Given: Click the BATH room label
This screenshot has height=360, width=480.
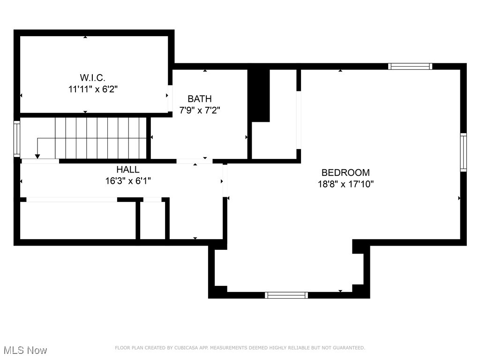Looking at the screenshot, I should pyautogui.click(x=200, y=99).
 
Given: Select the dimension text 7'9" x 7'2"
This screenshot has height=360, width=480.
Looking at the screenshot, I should pyautogui.click(x=200, y=111).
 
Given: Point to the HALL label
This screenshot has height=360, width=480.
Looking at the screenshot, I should pyautogui.click(x=128, y=170).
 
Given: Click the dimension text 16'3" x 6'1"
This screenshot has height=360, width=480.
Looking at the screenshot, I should pyautogui.click(x=128, y=181).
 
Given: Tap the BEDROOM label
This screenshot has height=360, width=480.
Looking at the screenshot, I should pyautogui.click(x=345, y=172).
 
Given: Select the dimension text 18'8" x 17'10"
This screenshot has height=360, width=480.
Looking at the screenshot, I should pyautogui.click(x=345, y=184).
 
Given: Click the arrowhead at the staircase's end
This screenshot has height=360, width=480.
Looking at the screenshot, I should pyautogui.click(x=37, y=157).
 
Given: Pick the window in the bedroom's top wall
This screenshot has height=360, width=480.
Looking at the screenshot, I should pyautogui.click(x=410, y=67).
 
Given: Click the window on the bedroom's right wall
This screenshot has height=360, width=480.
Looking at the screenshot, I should pyautogui.click(x=463, y=152).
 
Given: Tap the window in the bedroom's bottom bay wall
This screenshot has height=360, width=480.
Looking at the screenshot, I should pyautogui.click(x=286, y=295).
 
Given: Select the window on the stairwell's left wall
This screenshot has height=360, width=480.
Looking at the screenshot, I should pyautogui.click(x=17, y=138).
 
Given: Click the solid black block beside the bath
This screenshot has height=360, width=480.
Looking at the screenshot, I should pyautogui.click(x=259, y=96).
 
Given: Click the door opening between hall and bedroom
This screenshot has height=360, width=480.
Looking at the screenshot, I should pyautogui.click(x=225, y=180).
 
